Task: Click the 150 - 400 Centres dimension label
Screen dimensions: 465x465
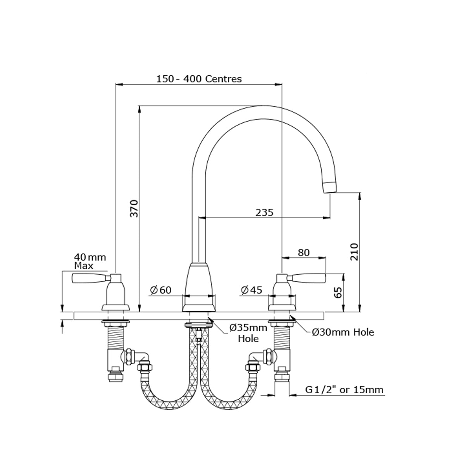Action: [x=199, y=79]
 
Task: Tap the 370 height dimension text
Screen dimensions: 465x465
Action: [x=134, y=208]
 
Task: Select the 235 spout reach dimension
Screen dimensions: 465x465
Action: [x=264, y=213]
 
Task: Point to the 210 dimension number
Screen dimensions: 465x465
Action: [x=354, y=252]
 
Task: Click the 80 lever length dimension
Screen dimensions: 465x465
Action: [x=303, y=253]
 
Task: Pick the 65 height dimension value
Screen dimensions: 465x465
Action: [x=339, y=293]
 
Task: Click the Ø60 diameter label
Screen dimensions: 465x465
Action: [x=161, y=290]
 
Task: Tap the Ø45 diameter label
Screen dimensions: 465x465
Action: [x=251, y=290]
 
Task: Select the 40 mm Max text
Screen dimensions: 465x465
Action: [x=90, y=261]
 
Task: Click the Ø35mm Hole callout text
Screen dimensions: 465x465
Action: [x=248, y=333]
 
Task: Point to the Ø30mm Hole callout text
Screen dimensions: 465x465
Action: [x=343, y=332]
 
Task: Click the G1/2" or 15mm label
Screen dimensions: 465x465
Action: [x=344, y=390]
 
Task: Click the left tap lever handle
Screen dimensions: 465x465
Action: [x=89, y=278]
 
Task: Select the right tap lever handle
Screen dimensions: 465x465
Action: [x=308, y=278]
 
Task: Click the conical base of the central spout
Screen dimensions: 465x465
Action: [x=199, y=288]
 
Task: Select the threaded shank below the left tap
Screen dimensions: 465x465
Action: [x=115, y=337]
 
